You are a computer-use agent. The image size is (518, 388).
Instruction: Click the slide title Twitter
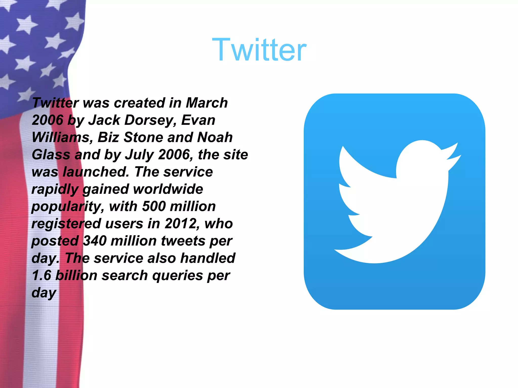coord(259,50)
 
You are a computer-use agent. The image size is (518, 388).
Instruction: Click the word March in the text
coord(207,103)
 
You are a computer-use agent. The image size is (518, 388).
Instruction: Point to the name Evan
coord(198,120)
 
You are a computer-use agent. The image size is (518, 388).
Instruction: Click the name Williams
coord(61,137)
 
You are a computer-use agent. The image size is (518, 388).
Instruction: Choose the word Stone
coord(143,137)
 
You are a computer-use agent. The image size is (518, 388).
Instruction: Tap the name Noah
coord(215,137)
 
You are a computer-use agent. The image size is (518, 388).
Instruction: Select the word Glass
coord(51,155)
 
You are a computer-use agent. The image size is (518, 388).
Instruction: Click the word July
coord(139,155)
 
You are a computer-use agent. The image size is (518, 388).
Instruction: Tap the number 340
coord(95,241)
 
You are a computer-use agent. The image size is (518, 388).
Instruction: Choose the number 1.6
coord(41,275)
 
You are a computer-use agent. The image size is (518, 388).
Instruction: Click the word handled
coord(208,258)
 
